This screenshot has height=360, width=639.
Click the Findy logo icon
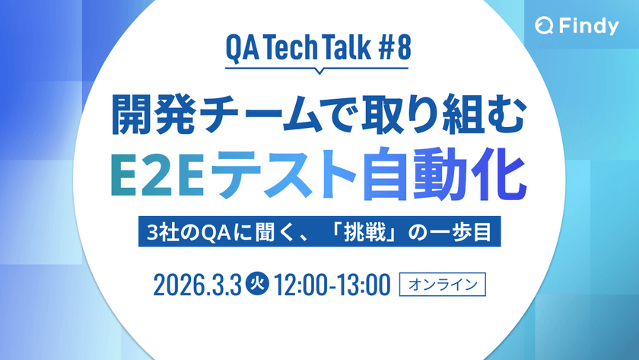tap(544, 26)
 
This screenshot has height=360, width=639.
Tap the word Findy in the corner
tap(589, 27)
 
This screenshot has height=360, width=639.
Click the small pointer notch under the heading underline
tap(319, 71)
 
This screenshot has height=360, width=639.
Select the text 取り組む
tap(443, 115)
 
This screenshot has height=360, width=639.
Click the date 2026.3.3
tap(197, 285)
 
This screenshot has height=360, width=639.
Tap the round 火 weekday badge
tap(257, 284)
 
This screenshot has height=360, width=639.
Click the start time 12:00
tap(300, 285)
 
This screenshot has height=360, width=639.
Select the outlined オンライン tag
tap(443, 284)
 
